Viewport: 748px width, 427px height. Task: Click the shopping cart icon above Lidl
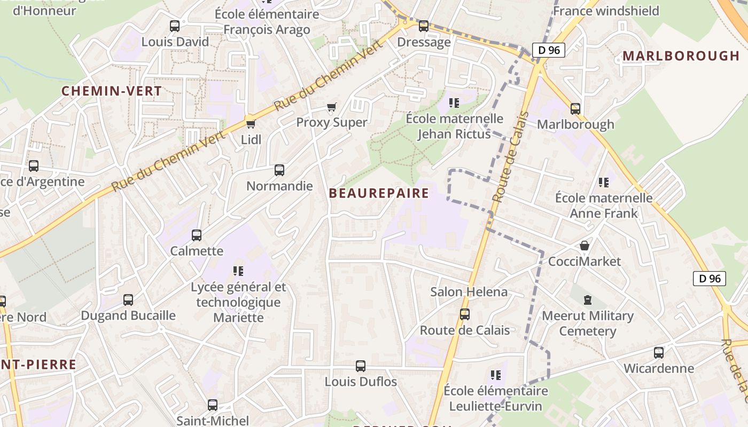[250, 124]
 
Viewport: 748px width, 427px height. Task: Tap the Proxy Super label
[332, 122]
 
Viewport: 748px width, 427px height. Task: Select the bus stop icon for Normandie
[279, 170]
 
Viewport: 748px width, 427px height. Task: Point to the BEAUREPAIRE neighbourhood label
[379, 193]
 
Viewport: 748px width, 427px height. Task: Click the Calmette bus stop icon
[197, 235]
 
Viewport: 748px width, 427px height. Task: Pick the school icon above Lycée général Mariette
[238, 271]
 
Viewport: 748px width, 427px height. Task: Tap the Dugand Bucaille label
[128, 315]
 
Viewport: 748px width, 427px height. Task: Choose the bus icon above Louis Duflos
[361, 366]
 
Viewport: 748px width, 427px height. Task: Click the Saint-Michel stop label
[213, 421]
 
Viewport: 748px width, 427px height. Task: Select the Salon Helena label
[469, 292]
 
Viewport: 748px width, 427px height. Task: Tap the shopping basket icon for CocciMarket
[585, 246]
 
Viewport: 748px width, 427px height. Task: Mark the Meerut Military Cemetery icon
[588, 300]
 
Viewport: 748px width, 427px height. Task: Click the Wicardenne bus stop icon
[659, 353]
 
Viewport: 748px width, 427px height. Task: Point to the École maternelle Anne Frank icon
[604, 183]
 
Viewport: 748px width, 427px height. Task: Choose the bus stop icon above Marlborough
[575, 109]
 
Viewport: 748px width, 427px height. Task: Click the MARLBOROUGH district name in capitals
[681, 56]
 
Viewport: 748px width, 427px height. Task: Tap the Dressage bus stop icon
[424, 26]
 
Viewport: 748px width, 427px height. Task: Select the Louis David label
[175, 42]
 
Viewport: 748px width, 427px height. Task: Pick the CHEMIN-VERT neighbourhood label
[112, 91]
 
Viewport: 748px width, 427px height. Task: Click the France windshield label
[606, 11]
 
